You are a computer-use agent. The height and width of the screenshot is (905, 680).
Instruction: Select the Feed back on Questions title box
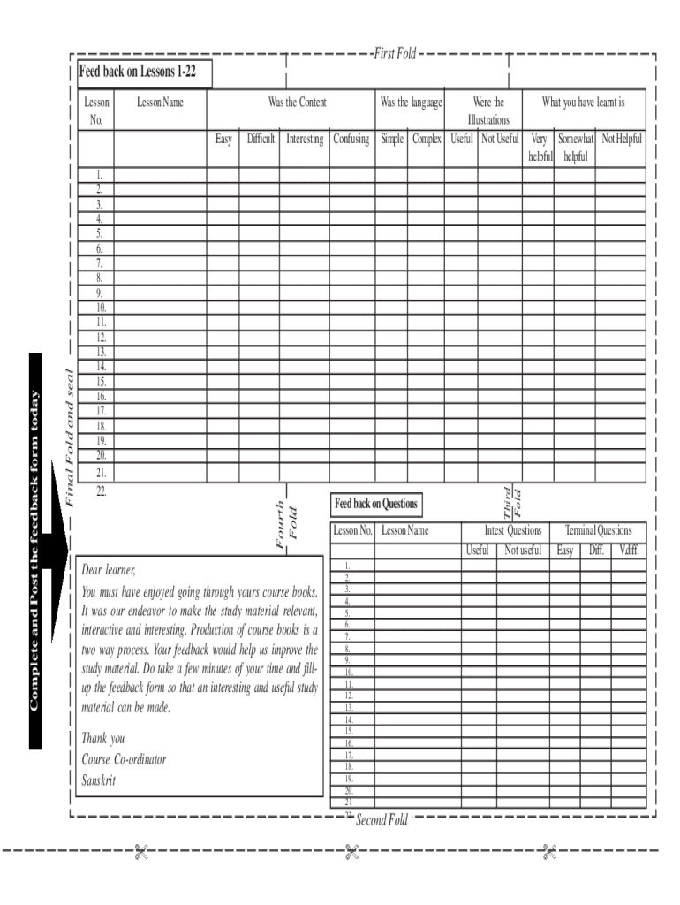[375, 504]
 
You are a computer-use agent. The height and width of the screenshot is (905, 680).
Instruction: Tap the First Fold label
[395, 55]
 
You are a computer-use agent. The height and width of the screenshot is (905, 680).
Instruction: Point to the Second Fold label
[382, 820]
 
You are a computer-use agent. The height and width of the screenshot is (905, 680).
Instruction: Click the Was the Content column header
[297, 103]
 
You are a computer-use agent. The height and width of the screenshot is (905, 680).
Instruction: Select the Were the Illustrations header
[488, 110]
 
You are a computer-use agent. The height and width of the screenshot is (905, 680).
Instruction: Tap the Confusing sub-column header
[351, 139]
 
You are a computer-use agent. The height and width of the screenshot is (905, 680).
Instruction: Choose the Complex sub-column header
[427, 139]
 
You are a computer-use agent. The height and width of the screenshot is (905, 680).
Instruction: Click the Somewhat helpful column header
[575, 148]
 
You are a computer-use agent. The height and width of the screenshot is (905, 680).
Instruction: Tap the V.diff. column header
[629, 551]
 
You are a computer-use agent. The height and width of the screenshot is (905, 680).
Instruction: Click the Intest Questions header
[513, 530]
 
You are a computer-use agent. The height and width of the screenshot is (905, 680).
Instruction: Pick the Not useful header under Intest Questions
[523, 551]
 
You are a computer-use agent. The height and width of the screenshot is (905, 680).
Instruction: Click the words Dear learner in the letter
[109, 568]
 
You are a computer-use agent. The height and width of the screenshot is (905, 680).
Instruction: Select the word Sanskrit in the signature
[98, 780]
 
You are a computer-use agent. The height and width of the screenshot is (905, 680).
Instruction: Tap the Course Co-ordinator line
[124, 759]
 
